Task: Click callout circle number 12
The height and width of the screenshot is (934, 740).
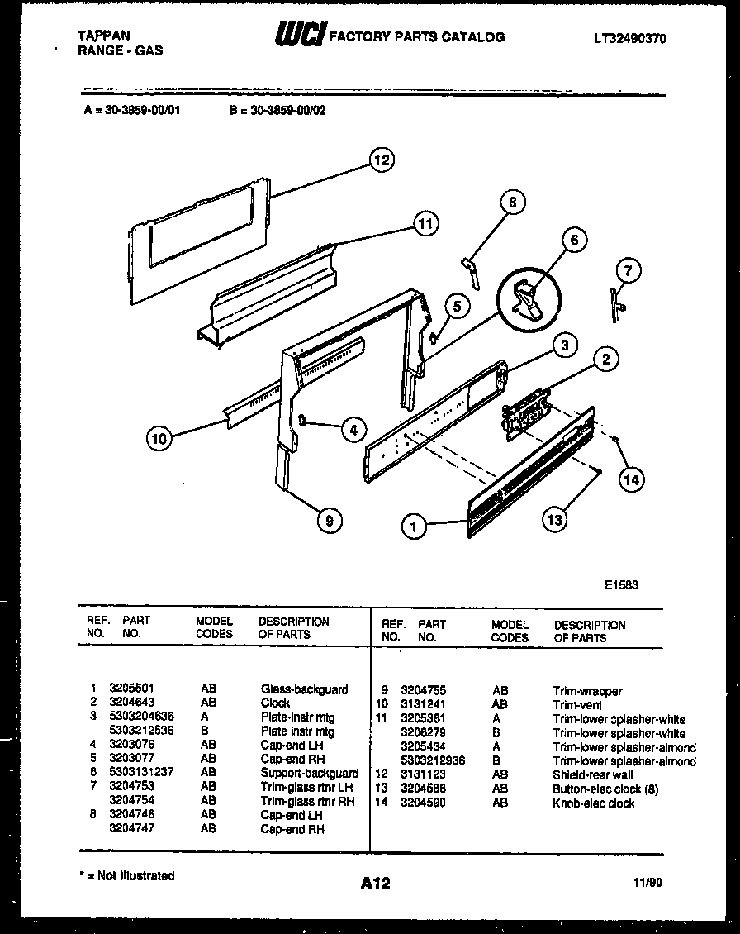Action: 381,160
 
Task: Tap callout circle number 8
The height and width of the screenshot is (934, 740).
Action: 512,203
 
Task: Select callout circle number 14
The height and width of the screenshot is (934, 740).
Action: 631,479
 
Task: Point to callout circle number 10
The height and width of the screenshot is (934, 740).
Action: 160,439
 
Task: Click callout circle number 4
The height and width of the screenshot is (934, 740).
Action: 353,429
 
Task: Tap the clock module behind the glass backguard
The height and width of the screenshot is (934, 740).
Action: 524,411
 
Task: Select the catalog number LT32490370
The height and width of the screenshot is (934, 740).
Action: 629,38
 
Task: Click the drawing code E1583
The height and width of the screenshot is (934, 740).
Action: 621,584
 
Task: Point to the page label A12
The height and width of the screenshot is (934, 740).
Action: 374,884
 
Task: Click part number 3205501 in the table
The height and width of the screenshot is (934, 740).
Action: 131,689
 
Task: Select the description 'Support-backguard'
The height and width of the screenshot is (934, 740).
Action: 309,773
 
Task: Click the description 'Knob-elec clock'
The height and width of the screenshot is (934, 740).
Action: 594,803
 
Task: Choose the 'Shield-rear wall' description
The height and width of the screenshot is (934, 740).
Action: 593,775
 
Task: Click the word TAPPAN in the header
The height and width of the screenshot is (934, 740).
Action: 102,36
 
